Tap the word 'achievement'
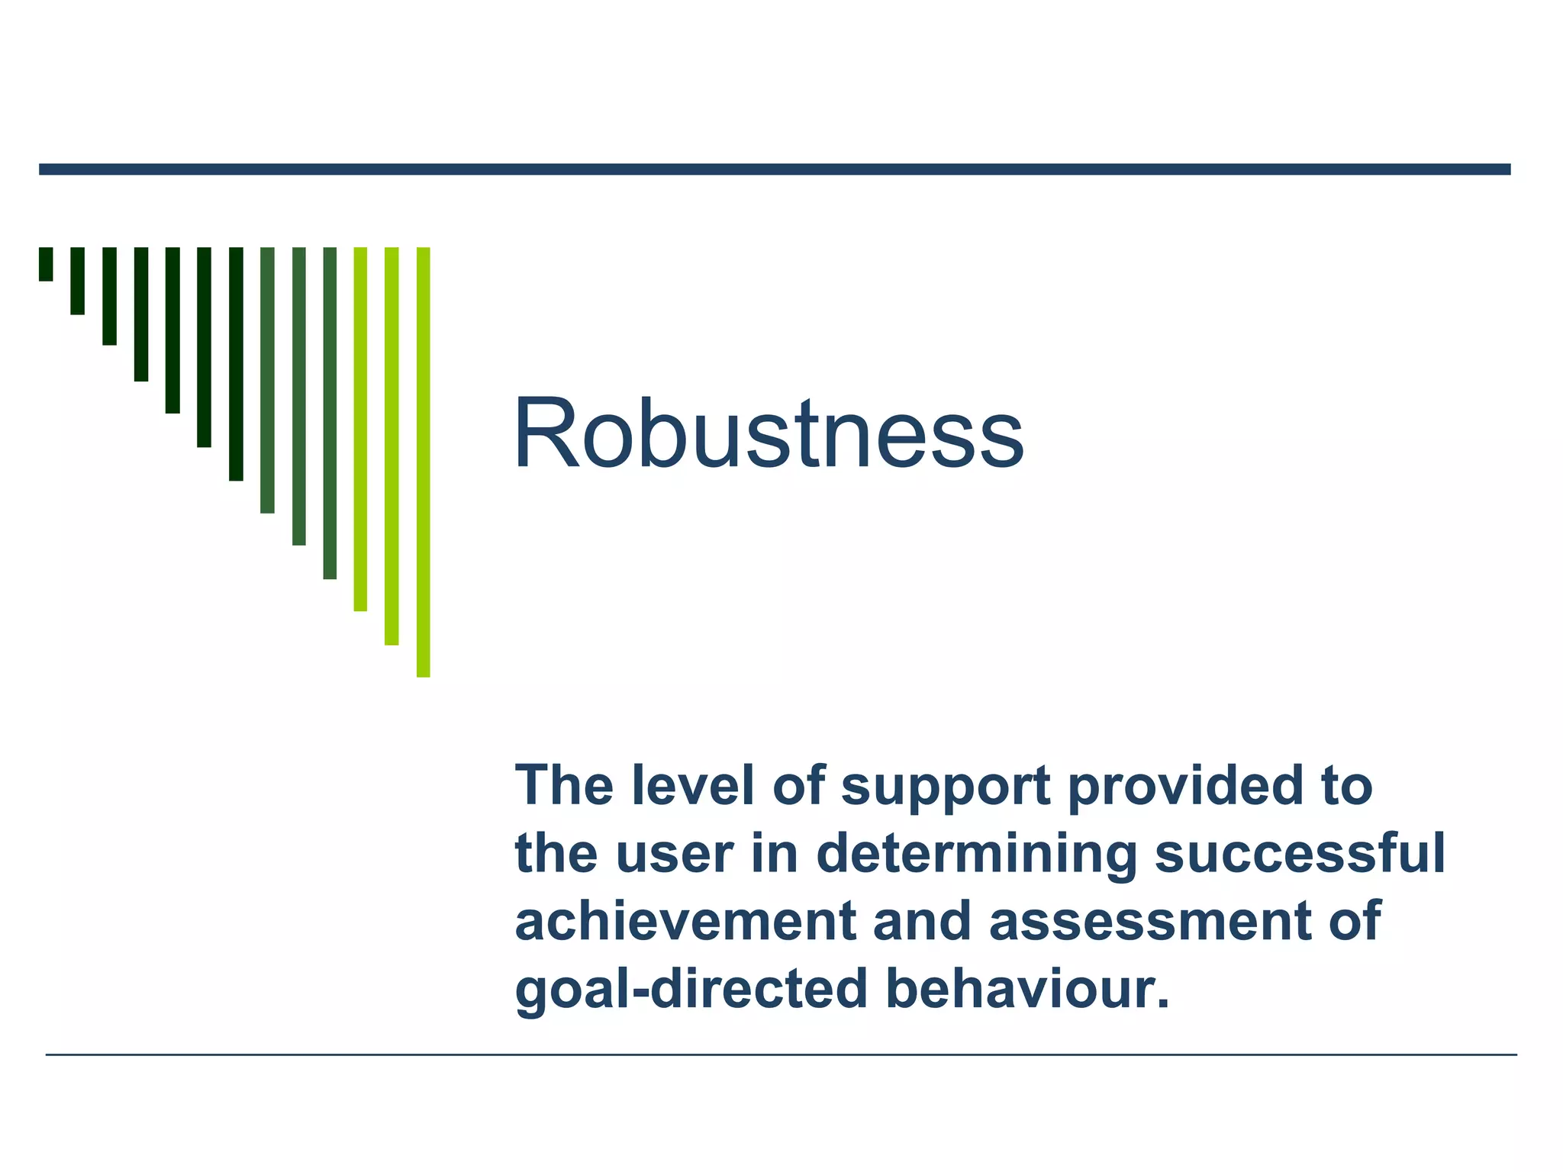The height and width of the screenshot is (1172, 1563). click(x=685, y=921)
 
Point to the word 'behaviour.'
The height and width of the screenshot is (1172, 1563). click(x=1027, y=989)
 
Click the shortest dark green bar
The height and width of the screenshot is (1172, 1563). click(x=46, y=264)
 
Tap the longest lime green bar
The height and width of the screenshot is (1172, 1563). click(x=423, y=462)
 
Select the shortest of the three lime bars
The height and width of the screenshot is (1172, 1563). click(x=360, y=429)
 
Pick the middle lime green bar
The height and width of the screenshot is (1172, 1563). click(x=392, y=446)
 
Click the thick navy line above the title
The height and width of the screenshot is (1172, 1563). click(x=775, y=169)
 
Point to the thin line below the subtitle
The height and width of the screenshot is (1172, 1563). click(x=781, y=1054)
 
